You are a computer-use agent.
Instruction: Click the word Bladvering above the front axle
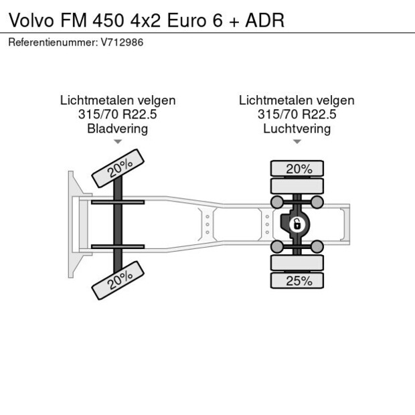click(x=118, y=129)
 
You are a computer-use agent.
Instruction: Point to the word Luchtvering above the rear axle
click(x=297, y=129)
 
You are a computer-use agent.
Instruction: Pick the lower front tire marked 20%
click(x=118, y=279)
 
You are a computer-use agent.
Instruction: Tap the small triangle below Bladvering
click(x=118, y=142)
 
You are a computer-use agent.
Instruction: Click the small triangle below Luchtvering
click(x=297, y=142)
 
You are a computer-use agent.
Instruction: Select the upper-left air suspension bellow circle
click(x=276, y=201)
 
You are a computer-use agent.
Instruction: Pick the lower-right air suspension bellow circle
click(x=317, y=247)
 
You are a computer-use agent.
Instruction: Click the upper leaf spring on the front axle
click(x=118, y=201)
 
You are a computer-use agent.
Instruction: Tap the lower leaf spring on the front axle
click(x=118, y=246)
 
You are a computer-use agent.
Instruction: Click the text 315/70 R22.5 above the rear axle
click(x=297, y=114)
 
